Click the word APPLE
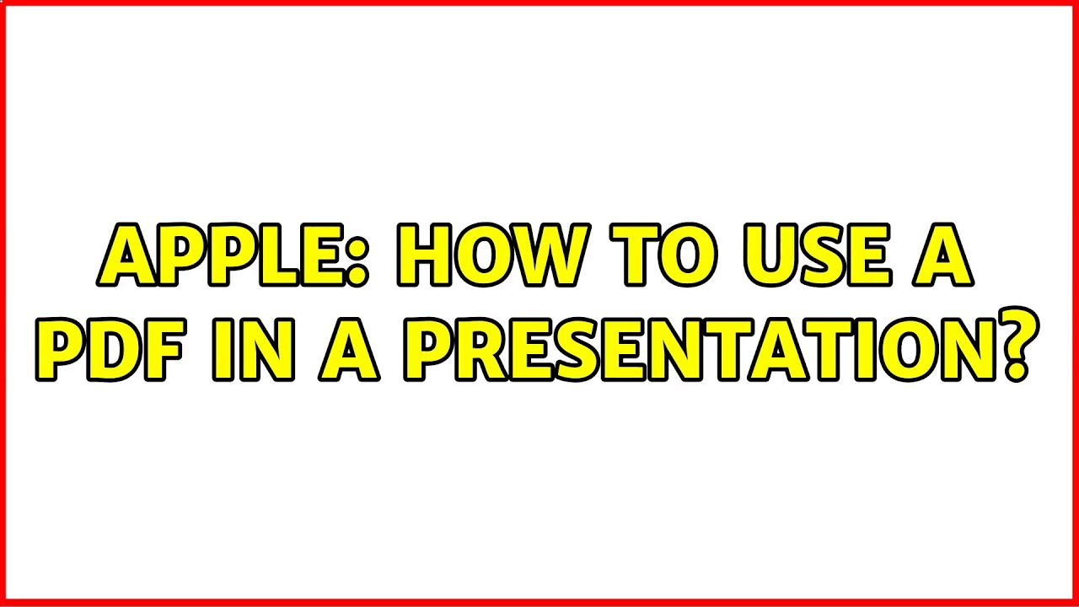point(223,255)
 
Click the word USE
point(821,255)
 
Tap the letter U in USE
point(766,255)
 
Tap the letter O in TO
point(692,255)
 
